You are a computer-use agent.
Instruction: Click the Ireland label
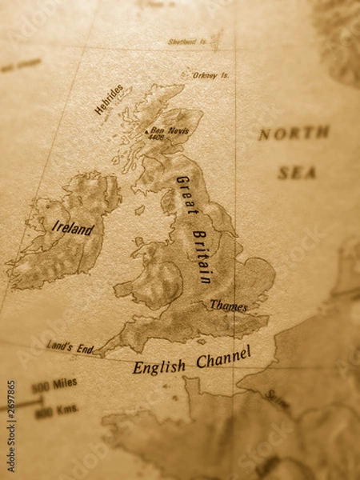tap(72, 227)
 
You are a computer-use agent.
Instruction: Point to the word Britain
tap(202, 257)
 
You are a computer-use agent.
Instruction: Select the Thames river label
tap(228, 305)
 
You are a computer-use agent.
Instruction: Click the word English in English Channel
tap(159, 366)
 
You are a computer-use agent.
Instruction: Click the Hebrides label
tap(109, 99)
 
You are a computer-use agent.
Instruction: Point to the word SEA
tap(297, 172)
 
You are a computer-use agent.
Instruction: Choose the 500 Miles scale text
tap(54, 385)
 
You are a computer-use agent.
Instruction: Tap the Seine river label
tap(277, 398)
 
